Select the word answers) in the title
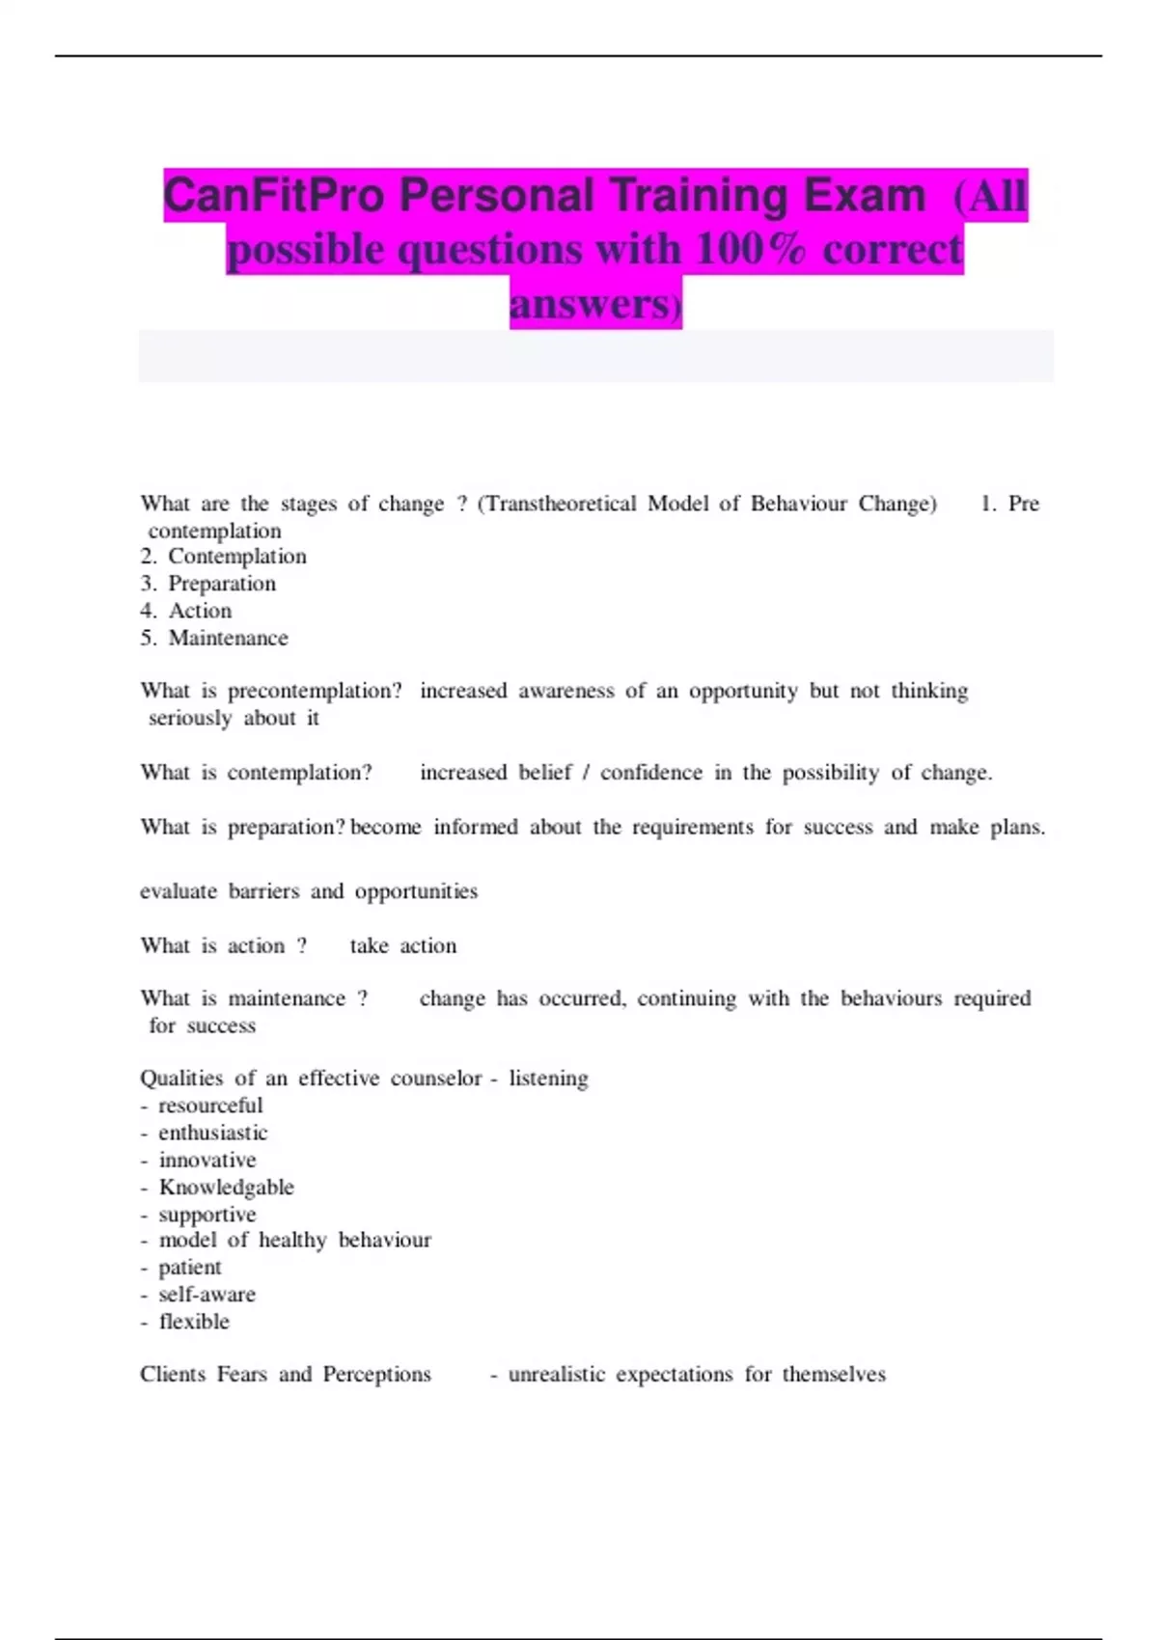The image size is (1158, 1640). tap(595, 304)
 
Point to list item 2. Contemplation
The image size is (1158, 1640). tap(223, 557)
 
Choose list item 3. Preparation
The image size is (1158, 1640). tap(207, 584)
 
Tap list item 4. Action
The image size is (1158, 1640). tap(185, 611)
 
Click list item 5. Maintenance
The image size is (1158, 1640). tap(213, 638)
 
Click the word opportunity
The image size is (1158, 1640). tap(743, 691)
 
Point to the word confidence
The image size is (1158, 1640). tap(651, 773)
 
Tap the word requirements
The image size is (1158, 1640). tap(693, 828)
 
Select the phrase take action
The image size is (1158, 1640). tap(403, 946)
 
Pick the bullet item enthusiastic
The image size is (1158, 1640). tap(212, 1133)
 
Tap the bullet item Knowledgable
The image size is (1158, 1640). tap(226, 1188)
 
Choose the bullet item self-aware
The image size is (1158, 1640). tap(207, 1295)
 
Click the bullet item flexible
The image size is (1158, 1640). tap(194, 1322)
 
